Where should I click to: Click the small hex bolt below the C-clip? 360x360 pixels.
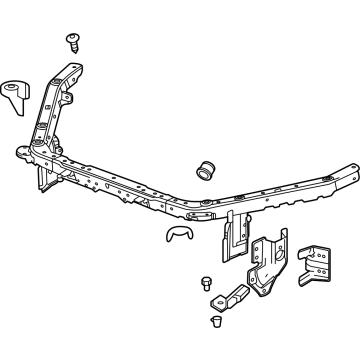pyautogui.click(x=206, y=280)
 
